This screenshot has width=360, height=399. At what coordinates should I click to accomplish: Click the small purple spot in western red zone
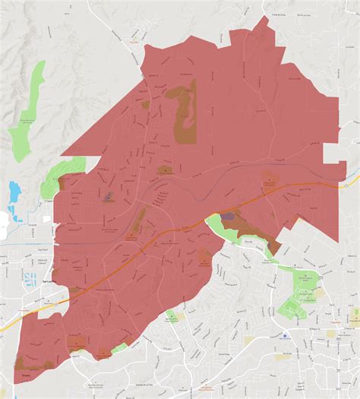(x=109, y=197)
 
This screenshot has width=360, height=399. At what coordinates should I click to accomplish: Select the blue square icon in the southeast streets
(x=285, y=334)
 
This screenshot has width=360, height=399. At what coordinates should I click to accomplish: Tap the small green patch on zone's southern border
(x=119, y=348)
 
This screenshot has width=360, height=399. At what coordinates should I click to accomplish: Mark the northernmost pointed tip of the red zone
(x=264, y=17)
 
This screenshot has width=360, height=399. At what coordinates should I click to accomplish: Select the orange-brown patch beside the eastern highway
(x=269, y=182)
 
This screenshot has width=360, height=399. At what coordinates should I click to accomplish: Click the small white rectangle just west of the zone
(x=46, y=219)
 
